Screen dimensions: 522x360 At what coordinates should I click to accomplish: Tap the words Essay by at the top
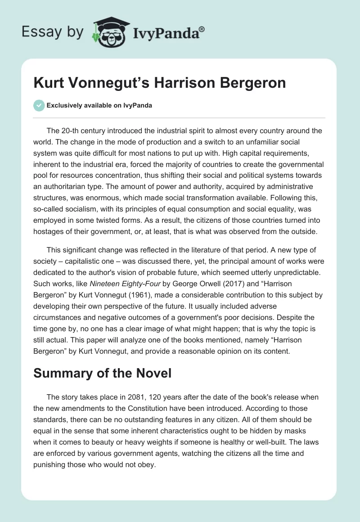(53, 32)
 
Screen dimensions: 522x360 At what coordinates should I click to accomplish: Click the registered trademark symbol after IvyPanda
(202, 30)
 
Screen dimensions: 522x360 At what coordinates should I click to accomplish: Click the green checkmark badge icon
(39, 105)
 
